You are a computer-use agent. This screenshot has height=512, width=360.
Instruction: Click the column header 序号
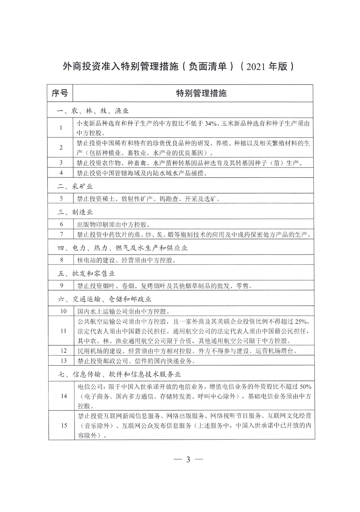pyautogui.click(x=60, y=93)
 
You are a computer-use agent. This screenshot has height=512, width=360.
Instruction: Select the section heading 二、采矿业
pyautogui.click(x=75, y=186)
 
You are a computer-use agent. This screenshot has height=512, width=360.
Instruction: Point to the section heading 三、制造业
pyautogui.click(x=75, y=212)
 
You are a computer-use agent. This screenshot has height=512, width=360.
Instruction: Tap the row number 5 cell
pyautogui.click(x=61, y=198)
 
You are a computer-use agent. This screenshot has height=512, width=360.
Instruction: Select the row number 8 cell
pyautogui.click(x=61, y=260)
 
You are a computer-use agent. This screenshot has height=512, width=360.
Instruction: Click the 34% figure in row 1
pyautogui.click(x=210, y=124)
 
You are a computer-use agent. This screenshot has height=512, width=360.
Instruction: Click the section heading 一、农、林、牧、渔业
pyautogui.click(x=93, y=111)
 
